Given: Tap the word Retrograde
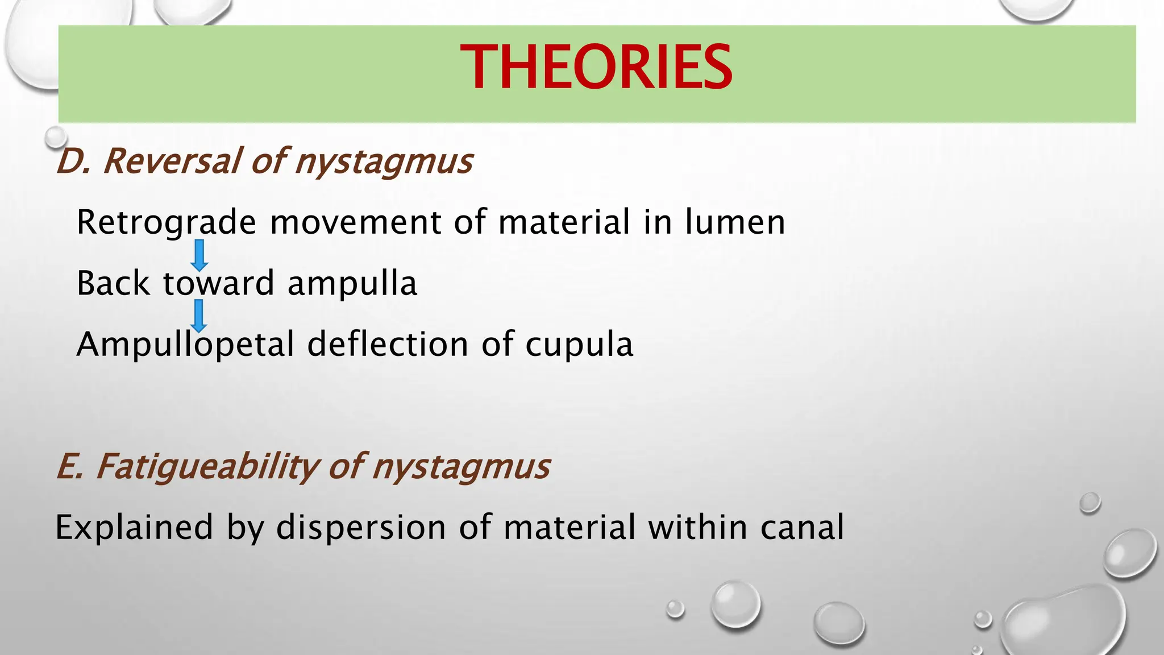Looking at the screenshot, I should (x=166, y=222).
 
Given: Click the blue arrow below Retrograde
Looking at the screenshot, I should (x=199, y=255).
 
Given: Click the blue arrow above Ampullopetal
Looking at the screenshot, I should (x=198, y=316).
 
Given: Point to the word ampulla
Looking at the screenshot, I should (x=352, y=283).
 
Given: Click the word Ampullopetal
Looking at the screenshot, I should (x=185, y=345).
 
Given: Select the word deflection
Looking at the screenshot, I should (x=388, y=345).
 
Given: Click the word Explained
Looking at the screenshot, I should (x=134, y=527).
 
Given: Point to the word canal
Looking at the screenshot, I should (x=802, y=527).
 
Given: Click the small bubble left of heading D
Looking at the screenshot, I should (x=56, y=136).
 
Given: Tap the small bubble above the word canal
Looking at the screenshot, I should (x=1090, y=503).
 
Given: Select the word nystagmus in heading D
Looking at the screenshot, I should (x=384, y=161).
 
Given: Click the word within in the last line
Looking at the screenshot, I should (x=697, y=527).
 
